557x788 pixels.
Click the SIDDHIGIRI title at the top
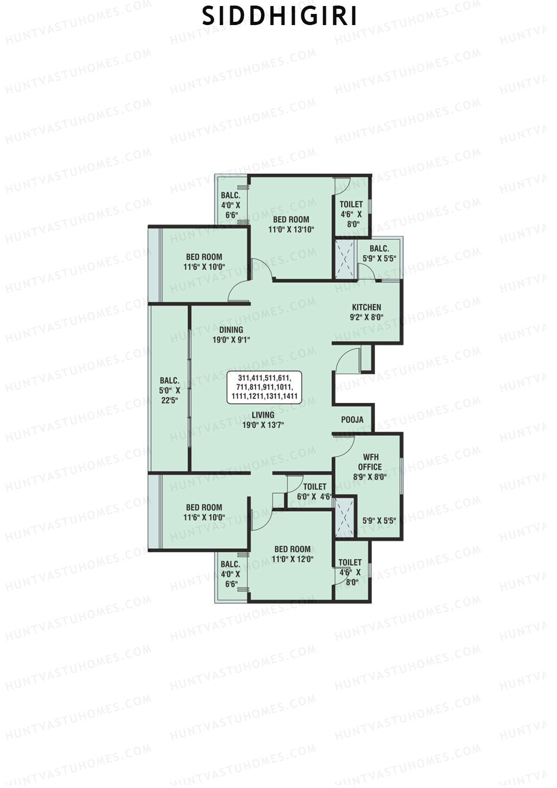(x=280, y=17)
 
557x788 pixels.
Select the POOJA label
(x=352, y=420)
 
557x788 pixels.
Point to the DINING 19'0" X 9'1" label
(x=231, y=334)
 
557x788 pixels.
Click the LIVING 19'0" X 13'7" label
(x=263, y=419)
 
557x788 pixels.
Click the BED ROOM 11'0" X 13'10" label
(x=291, y=224)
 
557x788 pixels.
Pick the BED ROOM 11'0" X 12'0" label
(x=292, y=554)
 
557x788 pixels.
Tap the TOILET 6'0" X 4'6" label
(x=315, y=491)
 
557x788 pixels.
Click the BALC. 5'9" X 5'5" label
(x=379, y=254)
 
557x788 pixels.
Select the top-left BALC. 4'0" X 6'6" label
(x=231, y=205)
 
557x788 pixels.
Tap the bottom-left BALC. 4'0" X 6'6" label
(x=230, y=574)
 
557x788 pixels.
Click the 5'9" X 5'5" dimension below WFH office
(x=379, y=521)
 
